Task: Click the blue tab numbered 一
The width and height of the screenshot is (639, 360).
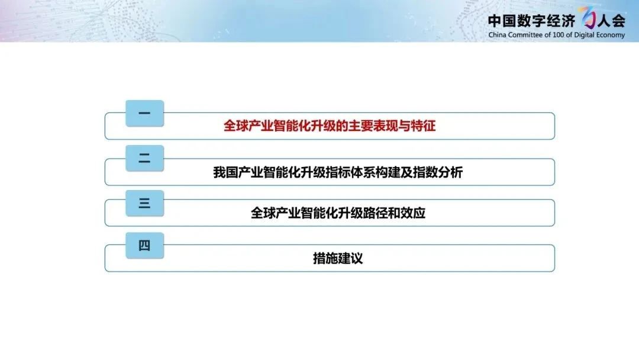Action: coord(145,113)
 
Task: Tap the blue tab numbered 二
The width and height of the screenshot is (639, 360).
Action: coord(145,158)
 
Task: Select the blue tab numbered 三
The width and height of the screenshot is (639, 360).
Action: coord(145,203)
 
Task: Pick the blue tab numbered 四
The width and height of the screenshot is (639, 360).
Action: coord(145,246)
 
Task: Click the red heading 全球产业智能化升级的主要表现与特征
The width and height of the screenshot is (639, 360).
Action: coord(330,126)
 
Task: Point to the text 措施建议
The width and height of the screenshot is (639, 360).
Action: coord(338,258)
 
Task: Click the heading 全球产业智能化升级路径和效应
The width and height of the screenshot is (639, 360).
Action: coord(338,213)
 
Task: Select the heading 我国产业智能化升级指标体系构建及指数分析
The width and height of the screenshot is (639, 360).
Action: coord(338,172)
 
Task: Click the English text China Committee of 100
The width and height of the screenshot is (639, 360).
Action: coord(526,35)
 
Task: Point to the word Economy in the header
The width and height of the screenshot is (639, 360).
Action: coord(610,35)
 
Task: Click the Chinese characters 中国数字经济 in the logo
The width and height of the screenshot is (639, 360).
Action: coord(531,20)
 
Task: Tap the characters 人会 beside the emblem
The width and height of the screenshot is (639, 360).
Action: coord(611,20)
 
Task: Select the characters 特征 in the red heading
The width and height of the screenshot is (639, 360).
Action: coord(424,126)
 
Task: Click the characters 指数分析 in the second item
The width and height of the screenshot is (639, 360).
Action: coord(438,172)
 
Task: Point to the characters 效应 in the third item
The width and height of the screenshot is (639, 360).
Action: coord(413,213)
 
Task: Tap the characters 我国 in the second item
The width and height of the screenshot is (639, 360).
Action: coord(225,172)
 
